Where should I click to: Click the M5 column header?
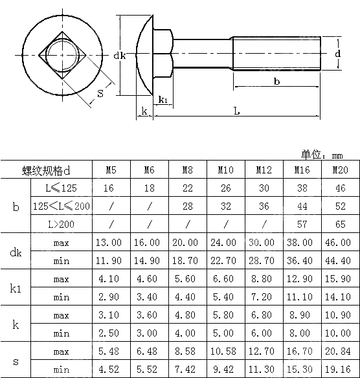(111, 170)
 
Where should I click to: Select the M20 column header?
(339, 170)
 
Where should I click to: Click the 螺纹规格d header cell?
(46, 170)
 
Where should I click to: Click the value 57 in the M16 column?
(301, 224)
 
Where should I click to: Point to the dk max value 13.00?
(111, 243)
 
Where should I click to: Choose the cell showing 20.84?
(339, 351)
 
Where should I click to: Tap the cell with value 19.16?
(339, 370)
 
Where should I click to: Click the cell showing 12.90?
(301, 279)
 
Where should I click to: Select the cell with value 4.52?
(111, 370)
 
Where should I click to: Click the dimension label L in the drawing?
(236, 111)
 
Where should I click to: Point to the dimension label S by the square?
(100, 93)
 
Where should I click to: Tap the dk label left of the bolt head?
(119, 56)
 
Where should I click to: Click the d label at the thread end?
(338, 54)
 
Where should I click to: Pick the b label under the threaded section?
(276, 82)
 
